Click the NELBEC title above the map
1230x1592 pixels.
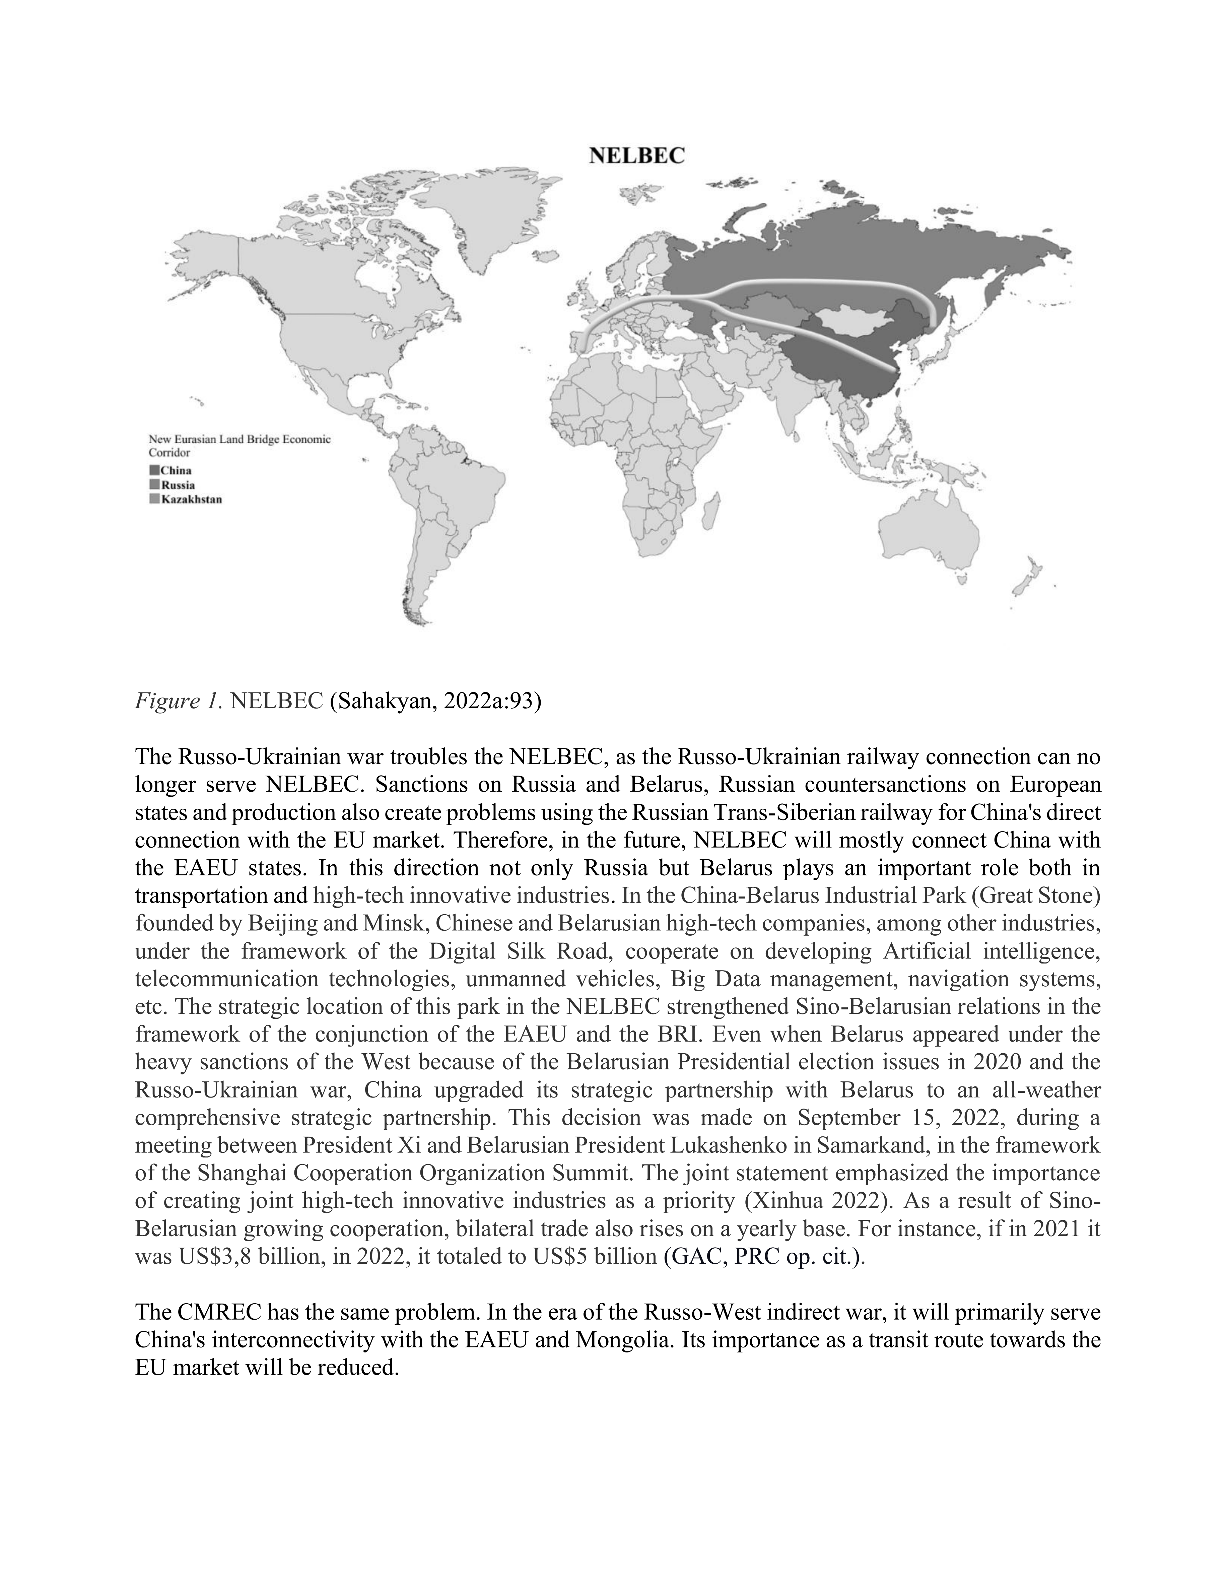click(x=636, y=156)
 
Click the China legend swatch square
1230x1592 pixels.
click(x=154, y=470)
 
